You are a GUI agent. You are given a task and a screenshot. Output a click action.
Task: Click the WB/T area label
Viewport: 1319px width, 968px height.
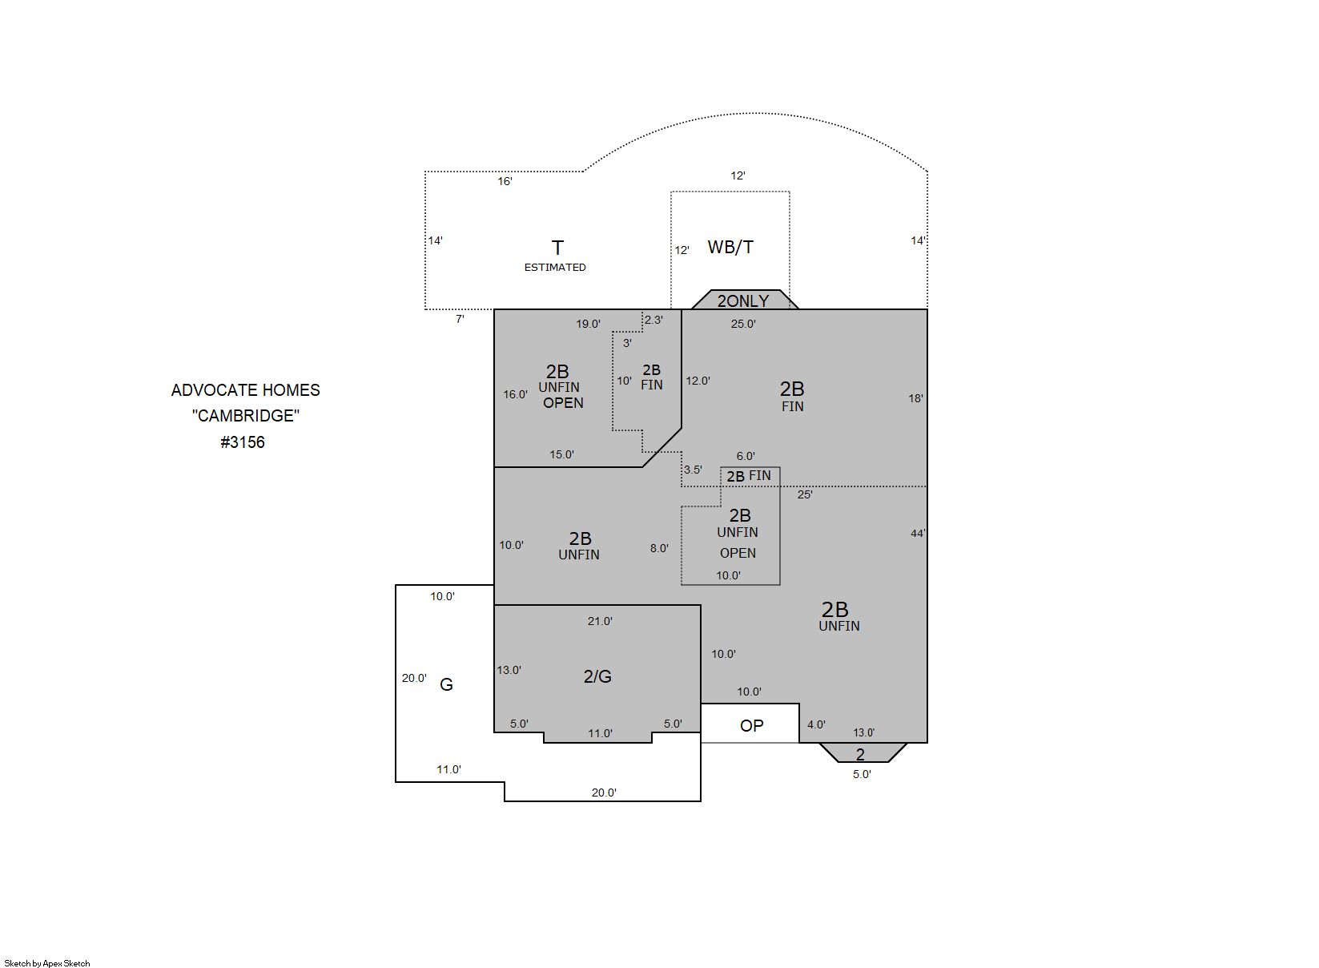click(x=730, y=247)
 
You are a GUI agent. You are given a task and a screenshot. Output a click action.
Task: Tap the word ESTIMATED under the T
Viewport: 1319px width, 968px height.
click(x=555, y=268)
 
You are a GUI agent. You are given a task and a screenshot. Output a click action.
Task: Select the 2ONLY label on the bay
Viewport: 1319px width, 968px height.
click(x=742, y=301)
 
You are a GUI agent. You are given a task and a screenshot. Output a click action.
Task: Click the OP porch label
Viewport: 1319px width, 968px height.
click(x=751, y=726)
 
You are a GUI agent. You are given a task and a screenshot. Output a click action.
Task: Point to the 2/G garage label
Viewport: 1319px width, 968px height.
click(x=597, y=676)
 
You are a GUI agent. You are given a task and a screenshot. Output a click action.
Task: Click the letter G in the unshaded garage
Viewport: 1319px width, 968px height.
click(x=446, y=684)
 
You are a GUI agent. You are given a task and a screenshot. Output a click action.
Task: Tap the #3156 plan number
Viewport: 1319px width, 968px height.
click(x=243, y=442)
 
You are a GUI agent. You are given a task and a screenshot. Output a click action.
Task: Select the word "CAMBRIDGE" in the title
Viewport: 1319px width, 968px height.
click(x=246, y=416)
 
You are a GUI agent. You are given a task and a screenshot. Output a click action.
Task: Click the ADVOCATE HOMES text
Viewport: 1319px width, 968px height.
click(x=246, y=390)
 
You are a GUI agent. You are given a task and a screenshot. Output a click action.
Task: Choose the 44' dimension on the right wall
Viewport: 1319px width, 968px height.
click(x=918, y=533)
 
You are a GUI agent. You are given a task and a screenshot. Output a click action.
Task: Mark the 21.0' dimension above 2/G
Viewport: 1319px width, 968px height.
click(x=600, y=621)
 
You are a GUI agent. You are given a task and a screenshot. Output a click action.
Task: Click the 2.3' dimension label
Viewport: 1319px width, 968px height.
click(x=653, y=320)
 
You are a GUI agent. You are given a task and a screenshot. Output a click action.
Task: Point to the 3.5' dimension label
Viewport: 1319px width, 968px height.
click(x=693, y=470)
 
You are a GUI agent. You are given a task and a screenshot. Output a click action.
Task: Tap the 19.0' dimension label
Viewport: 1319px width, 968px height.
click(x=589, y=324)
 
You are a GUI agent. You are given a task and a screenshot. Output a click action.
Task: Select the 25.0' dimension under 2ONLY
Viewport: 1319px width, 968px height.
click(x=743, y=324)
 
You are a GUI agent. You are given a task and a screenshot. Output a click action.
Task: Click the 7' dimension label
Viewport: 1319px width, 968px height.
click(x=460, y=319)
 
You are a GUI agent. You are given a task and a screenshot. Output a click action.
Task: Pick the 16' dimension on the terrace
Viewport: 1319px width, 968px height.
click(x=505, y=181)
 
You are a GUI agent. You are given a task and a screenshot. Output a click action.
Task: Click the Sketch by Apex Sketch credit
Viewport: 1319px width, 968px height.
click(x=47, y=963)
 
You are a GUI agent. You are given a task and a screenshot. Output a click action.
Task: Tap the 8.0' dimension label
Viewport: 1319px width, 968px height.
click(x=659, y=548)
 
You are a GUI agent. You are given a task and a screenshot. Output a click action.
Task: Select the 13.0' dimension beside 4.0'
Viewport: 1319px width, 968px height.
click(x=864, y=732)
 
